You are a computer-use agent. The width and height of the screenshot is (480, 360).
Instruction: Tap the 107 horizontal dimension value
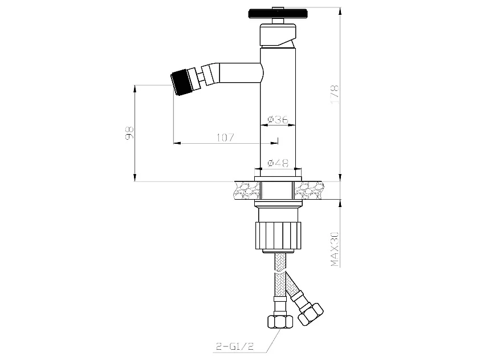tap(226, 137)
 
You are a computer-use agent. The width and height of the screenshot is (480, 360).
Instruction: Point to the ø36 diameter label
tap(278, 120)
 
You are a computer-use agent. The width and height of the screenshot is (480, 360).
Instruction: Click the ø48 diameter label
tap(278, 163)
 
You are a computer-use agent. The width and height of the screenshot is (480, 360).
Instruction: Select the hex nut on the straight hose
tap(278, 320)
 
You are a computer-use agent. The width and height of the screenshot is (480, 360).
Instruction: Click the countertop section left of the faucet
tap(245, 189)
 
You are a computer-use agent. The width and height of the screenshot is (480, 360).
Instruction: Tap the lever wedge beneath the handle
tap(289, 42)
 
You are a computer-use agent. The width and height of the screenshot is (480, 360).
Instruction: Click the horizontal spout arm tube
tap(239, 72)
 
